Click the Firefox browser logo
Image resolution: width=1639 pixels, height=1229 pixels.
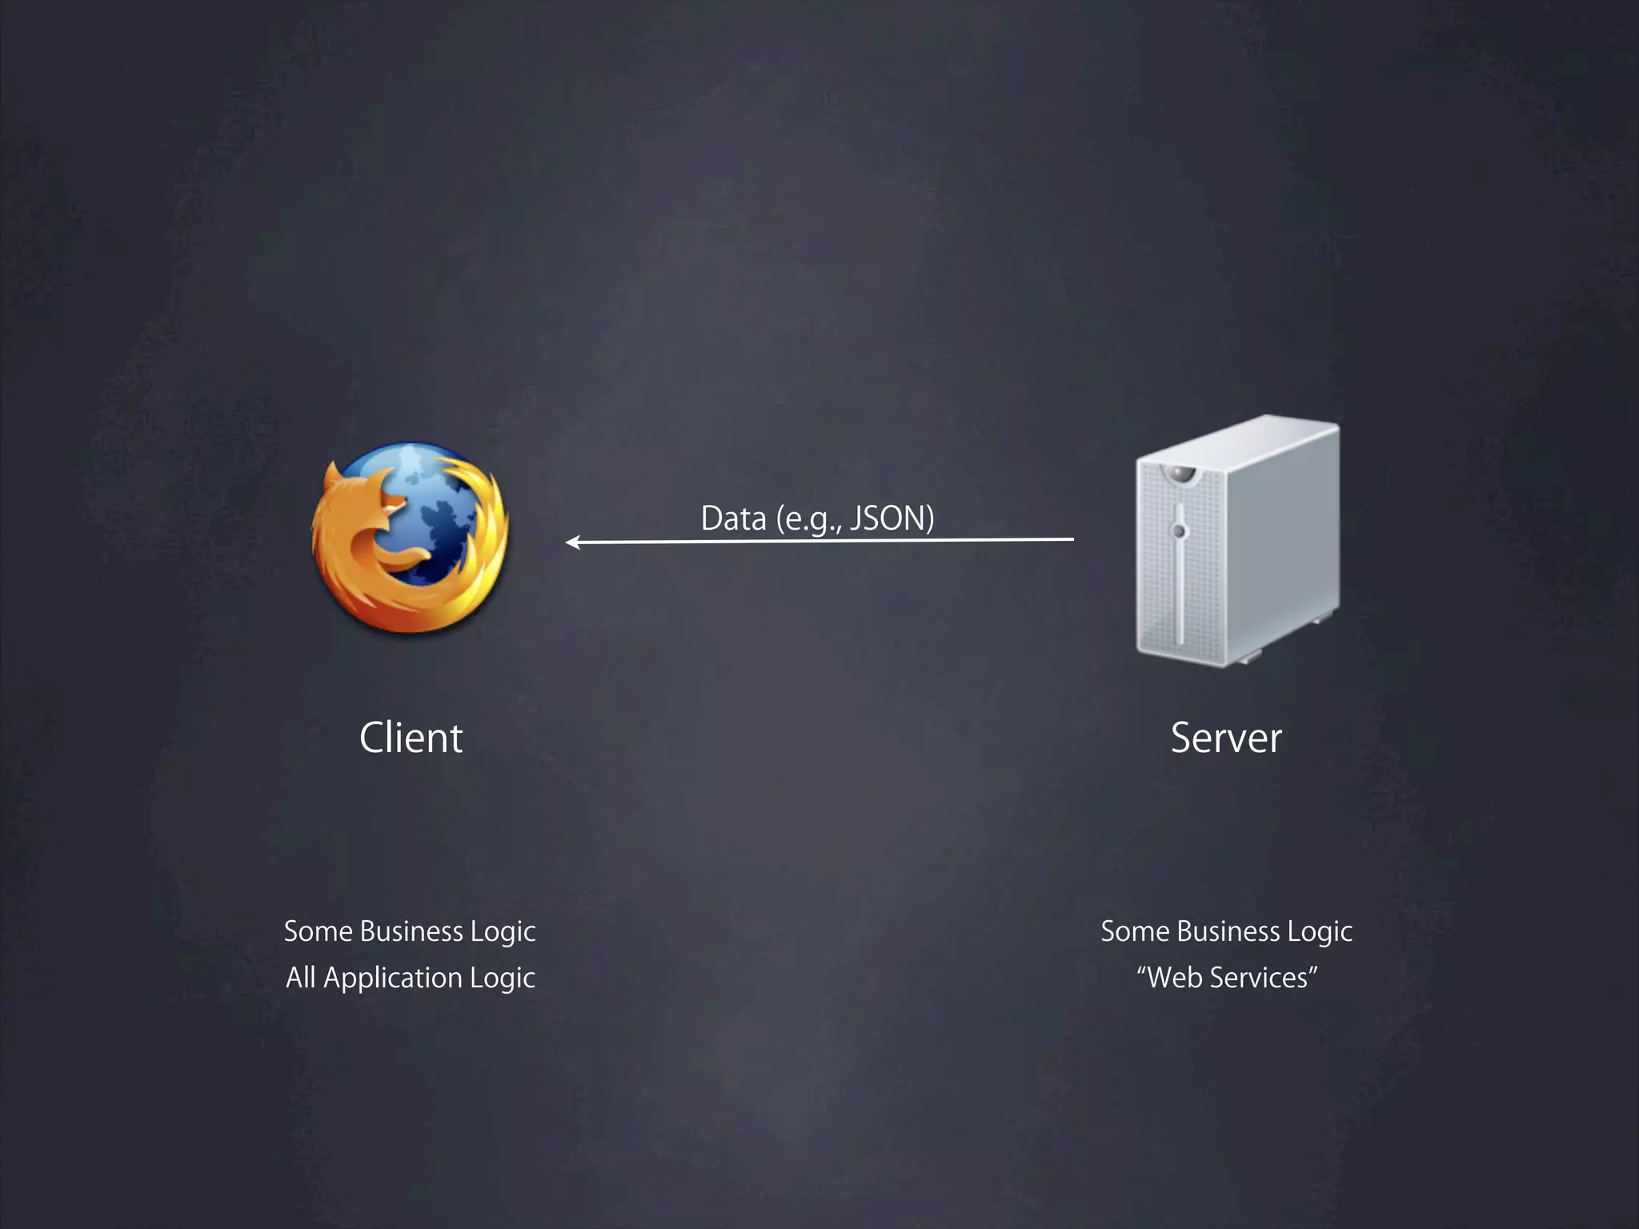[x=410, y=538]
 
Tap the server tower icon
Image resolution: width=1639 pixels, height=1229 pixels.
[x=1236, y=541]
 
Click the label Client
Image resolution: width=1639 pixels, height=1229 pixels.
[x=411, y=738]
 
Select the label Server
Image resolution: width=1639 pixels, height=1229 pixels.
[x=1226, y=738]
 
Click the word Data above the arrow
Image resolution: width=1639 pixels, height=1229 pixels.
[x=733, y=518]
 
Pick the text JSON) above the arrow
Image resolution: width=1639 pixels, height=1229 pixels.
[x=892, y=518]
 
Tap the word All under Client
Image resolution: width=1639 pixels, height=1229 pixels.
[x=301, y=978]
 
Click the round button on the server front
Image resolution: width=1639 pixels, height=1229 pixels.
[x=1178, y=530]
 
